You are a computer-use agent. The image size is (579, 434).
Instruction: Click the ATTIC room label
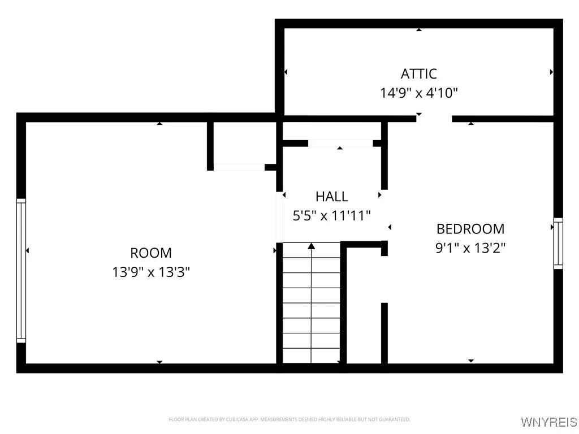point(418,73)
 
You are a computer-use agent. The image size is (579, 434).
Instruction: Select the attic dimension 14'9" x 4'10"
point(418,93)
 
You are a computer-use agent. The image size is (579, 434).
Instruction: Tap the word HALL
point(332,197)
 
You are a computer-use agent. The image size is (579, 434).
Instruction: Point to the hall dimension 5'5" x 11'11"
point(332,215)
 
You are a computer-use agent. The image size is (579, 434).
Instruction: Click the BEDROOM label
point(470,229)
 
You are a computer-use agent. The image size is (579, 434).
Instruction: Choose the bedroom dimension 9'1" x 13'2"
point(470,248)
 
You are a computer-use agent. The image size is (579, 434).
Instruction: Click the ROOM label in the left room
point(151,253)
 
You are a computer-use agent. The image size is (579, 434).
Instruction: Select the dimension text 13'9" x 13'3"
point(151,272)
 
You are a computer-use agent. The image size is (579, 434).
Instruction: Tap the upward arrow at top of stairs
point(311,246)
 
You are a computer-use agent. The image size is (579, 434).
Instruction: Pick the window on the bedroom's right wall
point(558,243)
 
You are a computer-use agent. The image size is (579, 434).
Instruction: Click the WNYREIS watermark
point(548,422)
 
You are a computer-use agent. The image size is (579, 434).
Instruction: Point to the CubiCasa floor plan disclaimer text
point(289,419)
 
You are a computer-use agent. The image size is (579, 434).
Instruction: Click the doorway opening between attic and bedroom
point(434,119)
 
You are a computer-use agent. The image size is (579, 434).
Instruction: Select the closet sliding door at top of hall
point(340,144)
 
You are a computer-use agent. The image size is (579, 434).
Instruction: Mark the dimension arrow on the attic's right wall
point(551,72)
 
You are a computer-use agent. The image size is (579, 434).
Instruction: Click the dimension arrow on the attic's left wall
point(286,72)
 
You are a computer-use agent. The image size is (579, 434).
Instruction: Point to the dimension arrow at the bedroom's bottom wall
point(471,361)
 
